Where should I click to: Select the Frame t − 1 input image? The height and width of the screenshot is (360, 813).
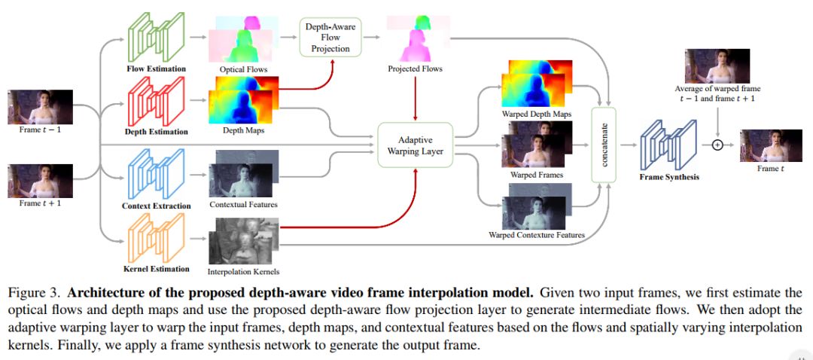pyautogui.click(x=41, y=107)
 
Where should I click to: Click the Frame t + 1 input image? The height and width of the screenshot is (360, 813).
pyautogui.click(x=41, y=181)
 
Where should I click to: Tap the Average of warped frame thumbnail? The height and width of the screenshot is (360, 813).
pyautogui.click(x=717, y=66)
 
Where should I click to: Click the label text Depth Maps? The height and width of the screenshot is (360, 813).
pyautogui.click(x=243, y=130)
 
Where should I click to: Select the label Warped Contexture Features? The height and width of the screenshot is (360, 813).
pyautogui.click(x=537, y=235)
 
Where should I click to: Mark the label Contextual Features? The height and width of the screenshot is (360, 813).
pyautogui.click(x=243, y=204)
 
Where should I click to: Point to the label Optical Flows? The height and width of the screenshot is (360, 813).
pyautogui.click(x=243, y=69)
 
